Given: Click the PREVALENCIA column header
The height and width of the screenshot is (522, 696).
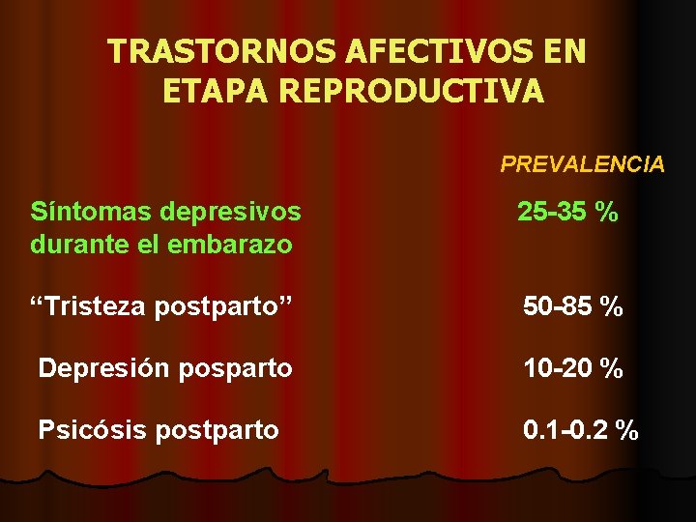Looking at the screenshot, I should coord(582,164).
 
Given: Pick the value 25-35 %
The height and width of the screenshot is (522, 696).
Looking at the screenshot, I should coord(567,212).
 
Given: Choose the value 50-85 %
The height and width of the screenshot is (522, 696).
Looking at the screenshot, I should coord(572,308).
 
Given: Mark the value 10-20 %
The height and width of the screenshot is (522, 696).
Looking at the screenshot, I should coord(572,368).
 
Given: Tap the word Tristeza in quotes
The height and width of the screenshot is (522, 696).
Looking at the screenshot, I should coord(96,307).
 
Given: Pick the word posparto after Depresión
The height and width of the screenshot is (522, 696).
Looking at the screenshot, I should coord(234,368).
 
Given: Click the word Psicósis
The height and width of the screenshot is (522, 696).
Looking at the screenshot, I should coord(91,429).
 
